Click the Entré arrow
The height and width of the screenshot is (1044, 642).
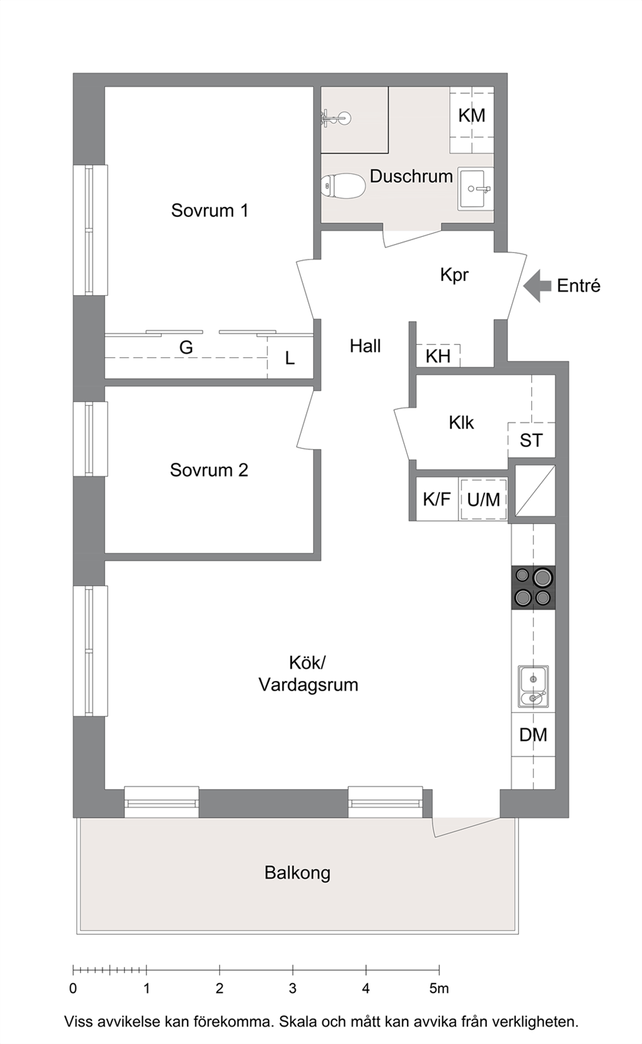tap(537, 285)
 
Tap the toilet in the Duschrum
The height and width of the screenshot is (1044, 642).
tap(344, 186)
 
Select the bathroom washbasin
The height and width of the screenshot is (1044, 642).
tap(475, 189)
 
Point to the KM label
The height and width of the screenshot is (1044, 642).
tap(472, 116)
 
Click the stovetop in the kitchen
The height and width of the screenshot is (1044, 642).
tap(533, 587)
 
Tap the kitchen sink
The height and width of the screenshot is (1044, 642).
tap(533, 687)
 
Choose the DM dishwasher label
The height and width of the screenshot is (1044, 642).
tap(533, 735)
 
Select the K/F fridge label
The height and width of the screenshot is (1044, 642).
tap(437, 500)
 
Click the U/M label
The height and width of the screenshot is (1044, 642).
tap(483, 500)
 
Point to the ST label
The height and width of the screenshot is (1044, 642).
tap(531, 440)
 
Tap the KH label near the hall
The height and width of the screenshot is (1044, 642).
tap(438, 357)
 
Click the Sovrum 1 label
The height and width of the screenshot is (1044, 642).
tap(210, 210)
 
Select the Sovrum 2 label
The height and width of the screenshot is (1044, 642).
tap(209, 470)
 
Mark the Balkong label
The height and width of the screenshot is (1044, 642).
tap(297, 872)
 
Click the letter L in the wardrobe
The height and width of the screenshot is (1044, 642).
tap(290, 359)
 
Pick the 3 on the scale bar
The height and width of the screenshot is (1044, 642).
tap(293, 988)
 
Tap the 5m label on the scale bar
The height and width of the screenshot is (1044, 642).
tap(439, 988)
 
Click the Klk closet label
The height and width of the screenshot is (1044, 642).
tap(461, 423)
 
